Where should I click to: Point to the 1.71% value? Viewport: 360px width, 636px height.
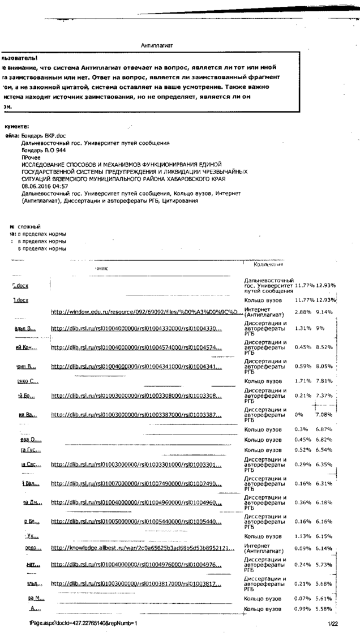(x=303, y=381)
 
